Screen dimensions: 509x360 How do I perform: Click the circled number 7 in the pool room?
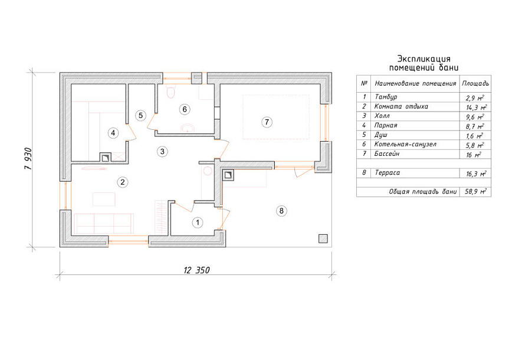click(267, 122)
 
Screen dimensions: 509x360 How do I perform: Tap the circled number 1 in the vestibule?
click(198, 222)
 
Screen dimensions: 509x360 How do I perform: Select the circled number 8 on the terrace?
click(281, 211)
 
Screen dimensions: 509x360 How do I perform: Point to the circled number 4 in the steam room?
click(113, 133)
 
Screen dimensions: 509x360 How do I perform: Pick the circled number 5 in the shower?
click(140, 115)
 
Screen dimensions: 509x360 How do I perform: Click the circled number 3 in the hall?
click(162, 151)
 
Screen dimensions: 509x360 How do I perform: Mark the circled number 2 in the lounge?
click(122, 182)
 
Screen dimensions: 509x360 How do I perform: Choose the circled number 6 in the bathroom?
click(185, 109)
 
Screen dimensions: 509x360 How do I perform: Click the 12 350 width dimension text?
click(197, 270)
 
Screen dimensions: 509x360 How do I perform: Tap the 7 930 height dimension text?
click(28, 159)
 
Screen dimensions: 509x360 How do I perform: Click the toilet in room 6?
click(170, 91)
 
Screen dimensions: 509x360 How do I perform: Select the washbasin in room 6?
click(187, 128)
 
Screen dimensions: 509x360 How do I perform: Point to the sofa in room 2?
click(104, 223)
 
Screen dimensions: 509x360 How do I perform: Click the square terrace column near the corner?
click(323, 239)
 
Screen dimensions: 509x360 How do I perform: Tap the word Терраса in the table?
click(388, 173)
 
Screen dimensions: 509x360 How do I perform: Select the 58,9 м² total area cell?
click(475, 192)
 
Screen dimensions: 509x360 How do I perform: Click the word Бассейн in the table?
click(387, 153)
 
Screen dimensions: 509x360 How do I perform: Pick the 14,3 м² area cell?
click(476, 107)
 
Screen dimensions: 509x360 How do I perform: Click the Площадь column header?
click(475, 83)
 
